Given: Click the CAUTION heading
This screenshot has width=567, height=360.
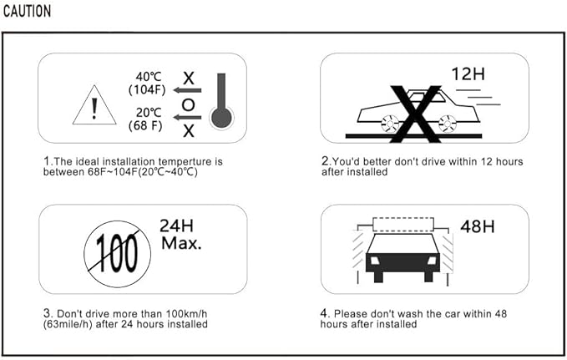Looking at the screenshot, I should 28,12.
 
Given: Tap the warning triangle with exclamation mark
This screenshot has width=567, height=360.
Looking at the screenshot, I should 94,107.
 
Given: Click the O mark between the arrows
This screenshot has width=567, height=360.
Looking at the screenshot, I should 189,104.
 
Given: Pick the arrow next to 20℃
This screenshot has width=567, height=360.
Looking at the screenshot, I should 186,118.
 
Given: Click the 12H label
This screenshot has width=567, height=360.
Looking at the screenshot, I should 468,74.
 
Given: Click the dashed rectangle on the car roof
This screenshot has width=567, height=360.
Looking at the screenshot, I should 404,223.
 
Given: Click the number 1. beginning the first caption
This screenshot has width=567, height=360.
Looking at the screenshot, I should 48,161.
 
